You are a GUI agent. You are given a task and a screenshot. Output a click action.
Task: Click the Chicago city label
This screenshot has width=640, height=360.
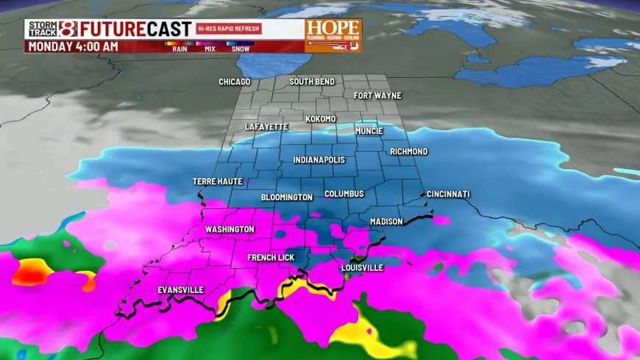(x=235, y=82)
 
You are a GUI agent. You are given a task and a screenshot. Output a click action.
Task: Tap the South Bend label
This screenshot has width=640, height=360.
(x=312, y=82)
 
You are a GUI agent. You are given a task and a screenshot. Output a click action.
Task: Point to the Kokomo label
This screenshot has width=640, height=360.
(x=321, y=119)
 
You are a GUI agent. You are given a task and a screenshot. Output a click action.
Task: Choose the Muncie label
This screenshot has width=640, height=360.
(x=369, y=131)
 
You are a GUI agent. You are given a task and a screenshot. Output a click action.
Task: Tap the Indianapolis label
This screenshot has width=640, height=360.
(x=319, y=160)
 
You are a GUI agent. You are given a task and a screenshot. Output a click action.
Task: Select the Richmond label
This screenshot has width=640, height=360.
(x=408, y=152)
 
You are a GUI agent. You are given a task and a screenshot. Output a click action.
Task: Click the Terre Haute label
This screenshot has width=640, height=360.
(x=217, y=181)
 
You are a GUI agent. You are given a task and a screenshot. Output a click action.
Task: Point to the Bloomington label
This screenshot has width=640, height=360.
(x=287, y=197)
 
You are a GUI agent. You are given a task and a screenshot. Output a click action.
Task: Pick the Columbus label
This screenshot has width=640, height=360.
(x=344, y=194)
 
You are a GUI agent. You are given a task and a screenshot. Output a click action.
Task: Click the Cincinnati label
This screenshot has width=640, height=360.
(x=448, y=194)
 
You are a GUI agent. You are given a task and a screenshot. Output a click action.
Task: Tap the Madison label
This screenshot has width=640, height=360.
(x=386, y=222)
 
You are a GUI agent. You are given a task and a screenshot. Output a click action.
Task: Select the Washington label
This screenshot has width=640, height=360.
(x=230, y=230)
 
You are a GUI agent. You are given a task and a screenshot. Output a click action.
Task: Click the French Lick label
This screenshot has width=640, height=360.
(x=271, y=258)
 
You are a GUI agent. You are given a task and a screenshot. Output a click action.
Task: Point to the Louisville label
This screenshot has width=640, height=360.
(x=362, y=268)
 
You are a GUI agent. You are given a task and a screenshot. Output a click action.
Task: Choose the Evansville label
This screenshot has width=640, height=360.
(x=180, y=290)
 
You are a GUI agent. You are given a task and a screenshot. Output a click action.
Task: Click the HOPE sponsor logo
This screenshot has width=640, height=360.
(x=333, y=35)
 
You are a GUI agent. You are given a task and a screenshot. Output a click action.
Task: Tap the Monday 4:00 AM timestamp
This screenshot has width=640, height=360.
(x=72, y=46)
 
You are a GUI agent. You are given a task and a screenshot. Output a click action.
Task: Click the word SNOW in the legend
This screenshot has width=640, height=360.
(x=240, y=49)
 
